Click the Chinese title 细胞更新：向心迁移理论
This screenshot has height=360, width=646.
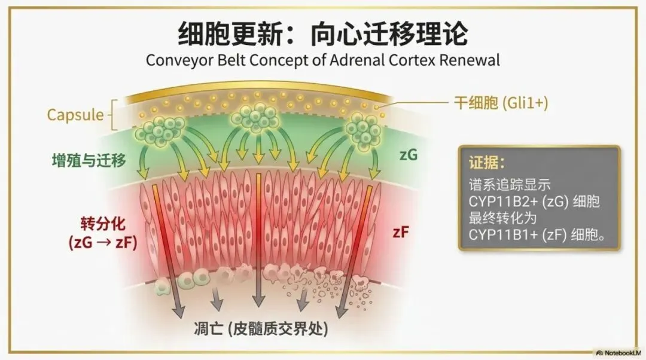322,35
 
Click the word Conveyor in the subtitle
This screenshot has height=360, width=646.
174,62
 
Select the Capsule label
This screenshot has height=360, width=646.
75,114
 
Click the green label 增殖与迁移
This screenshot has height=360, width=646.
89,160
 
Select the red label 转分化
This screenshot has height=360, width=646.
102,225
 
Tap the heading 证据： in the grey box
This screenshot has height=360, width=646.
485,163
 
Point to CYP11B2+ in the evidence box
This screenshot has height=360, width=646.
499,202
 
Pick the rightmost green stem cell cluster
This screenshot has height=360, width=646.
362,129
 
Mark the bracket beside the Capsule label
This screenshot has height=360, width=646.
114,115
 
